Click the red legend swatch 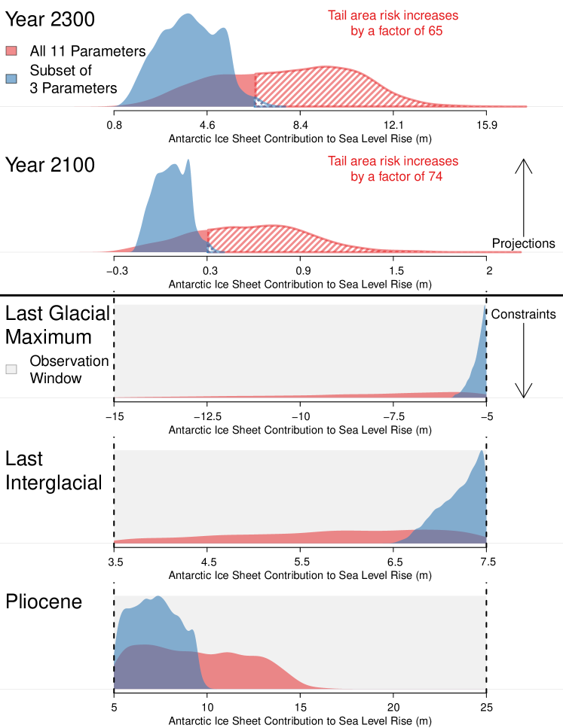tap(11, 50)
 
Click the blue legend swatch tap(11, 78)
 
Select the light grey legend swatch tap(11, 369)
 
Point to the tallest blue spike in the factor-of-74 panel tap(188, 161)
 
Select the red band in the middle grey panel tap(264, 537)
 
